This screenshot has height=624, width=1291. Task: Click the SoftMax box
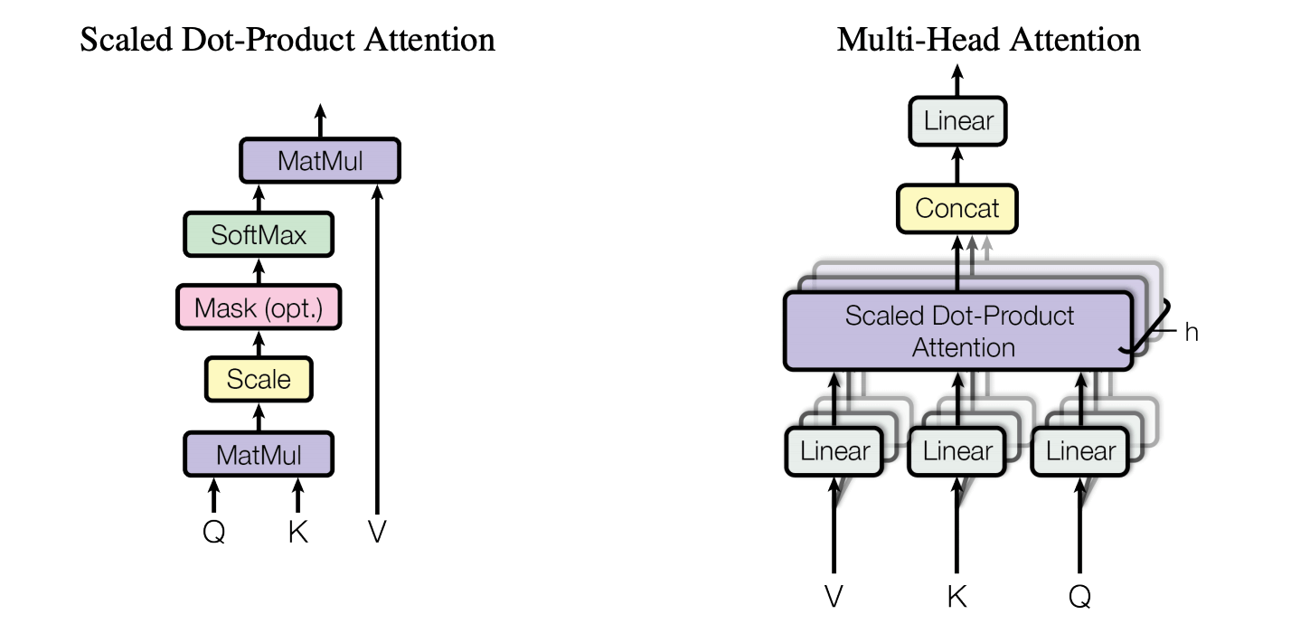259,235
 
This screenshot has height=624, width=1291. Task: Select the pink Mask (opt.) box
259,307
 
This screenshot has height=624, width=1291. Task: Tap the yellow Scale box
259,379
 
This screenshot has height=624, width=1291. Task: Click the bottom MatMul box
259,453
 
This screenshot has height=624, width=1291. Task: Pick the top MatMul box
320,162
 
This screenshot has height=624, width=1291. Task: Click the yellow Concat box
957,208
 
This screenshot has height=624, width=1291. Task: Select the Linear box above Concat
958,120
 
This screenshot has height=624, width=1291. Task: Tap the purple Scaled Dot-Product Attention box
958,331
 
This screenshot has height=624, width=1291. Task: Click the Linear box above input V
834,450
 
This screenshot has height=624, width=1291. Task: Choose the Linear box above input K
957,450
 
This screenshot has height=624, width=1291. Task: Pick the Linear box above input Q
1080,450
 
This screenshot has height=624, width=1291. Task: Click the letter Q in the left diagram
213,533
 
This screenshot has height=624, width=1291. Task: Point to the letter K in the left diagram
297,533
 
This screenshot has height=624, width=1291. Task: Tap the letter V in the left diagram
377,533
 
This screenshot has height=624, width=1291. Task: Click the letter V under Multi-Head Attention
834,597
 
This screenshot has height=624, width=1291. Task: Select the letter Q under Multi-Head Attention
1079,597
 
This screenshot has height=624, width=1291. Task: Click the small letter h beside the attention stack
1192,333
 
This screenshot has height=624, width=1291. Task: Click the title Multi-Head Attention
988,40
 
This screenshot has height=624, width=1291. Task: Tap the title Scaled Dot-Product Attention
287,40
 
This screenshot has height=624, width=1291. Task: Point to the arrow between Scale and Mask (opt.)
259,343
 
